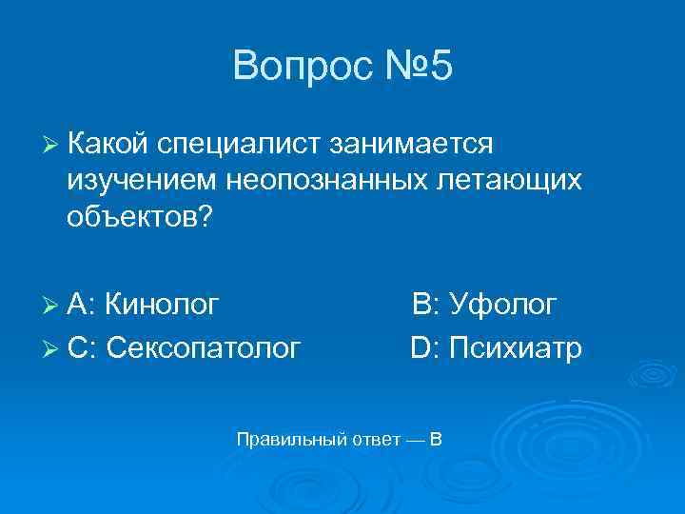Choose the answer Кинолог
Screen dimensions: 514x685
[163, 305]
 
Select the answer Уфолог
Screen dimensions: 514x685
[503, 305]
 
